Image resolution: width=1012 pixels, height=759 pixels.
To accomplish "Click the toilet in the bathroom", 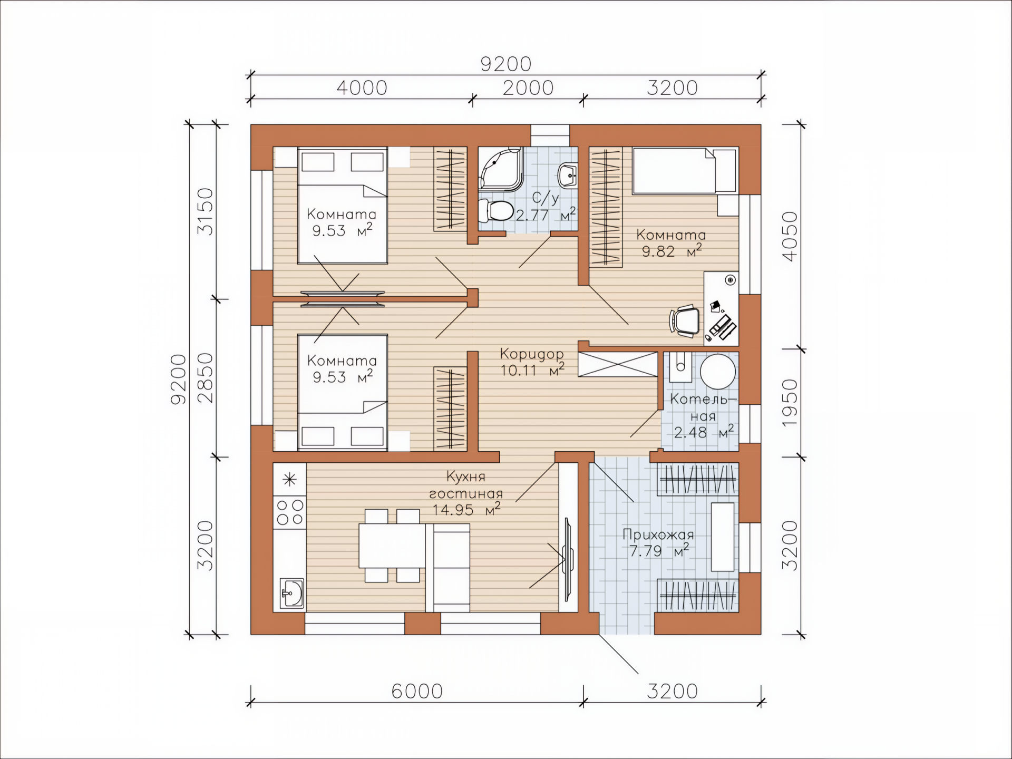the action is coord(496,211).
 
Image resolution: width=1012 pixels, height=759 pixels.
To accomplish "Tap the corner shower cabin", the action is coord(501,169).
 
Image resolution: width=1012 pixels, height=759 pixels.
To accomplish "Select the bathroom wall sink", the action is coord(567,174).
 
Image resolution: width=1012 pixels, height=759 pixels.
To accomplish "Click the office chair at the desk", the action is coord(685,320).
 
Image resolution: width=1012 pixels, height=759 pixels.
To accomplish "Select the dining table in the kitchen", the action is coord(392,545).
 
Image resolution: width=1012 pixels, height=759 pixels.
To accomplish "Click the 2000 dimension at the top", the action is coord(528,87).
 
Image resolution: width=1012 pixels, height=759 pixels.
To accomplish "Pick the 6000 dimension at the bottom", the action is coord(417,691).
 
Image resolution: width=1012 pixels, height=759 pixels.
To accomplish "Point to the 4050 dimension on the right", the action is coord(790,236).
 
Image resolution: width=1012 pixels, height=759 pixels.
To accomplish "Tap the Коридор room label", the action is coord(532,354).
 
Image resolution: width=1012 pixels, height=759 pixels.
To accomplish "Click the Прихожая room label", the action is coord(658,534).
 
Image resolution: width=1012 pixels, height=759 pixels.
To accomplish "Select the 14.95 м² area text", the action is coord(466,509).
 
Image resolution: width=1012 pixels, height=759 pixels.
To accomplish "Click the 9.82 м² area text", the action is coord(672,251).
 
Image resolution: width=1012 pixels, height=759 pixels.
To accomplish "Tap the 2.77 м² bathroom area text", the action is coord(546,215).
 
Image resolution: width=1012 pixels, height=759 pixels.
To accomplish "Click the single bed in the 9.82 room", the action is coord(685,170).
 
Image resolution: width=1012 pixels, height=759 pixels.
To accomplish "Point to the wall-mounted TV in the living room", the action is coord(568,559).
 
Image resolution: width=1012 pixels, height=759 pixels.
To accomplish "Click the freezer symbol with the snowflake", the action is coord(289,480).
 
